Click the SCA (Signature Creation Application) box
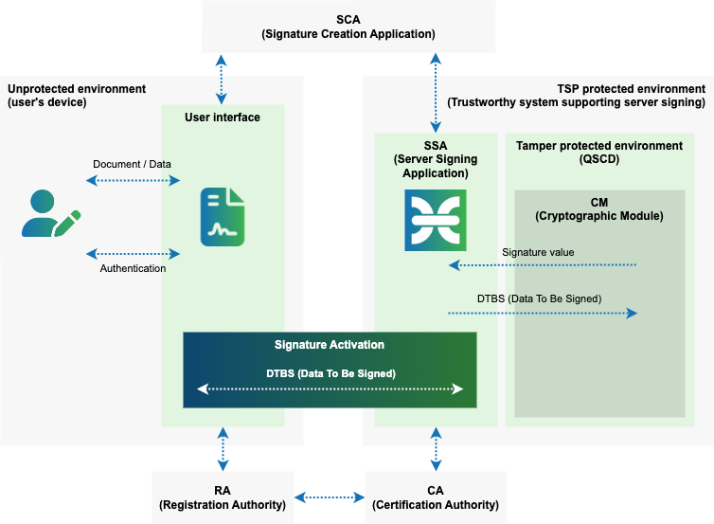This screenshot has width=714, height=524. [348, 27]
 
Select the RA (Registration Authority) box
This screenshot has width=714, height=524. [223, 497]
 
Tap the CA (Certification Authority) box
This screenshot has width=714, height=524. [436, 497]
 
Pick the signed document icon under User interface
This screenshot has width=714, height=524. [223, 217]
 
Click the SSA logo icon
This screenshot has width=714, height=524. [436, 220]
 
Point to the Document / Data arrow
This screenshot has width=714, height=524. [133, 180]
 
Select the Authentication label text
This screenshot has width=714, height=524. [133, 268]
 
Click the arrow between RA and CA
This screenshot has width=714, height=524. [330, 497]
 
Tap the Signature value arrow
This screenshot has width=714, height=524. [542, 265]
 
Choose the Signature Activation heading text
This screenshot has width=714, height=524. [330, 345]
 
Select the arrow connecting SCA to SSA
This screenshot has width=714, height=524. [436, 92]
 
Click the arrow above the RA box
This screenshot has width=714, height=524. [223, 448]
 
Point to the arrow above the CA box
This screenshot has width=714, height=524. [436, 448]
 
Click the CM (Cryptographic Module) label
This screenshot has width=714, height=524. [598, 208]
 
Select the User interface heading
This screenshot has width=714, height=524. [223, 117]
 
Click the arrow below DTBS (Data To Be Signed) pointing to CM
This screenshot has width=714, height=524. [542, 313]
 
